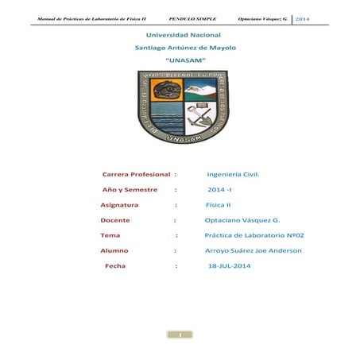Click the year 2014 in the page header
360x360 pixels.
(x=306, y=17)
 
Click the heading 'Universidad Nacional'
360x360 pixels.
(x=179, y=36)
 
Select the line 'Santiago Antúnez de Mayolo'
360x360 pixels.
(x=180, y=48)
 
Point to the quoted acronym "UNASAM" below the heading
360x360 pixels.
(x=180, y=60)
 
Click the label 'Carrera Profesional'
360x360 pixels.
(x=137, y=173)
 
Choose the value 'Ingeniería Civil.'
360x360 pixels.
(x=233, y=173)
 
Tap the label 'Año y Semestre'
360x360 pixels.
(x=129, y=191)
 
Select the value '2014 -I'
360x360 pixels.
(x=219, y=191)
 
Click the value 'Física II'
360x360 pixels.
(x=219, y=205)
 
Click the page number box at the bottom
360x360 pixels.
(x=180, y=335)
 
